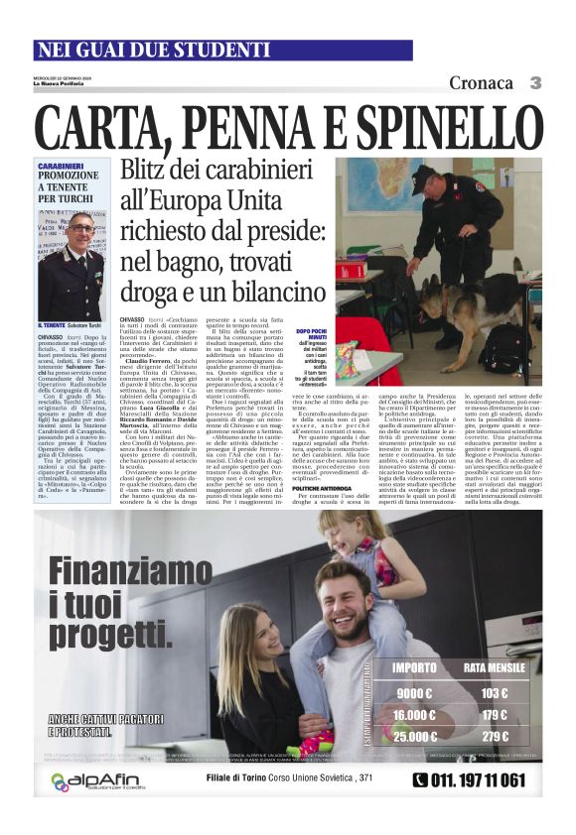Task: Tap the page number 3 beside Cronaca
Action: tap(535, 83)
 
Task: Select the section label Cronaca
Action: tap(482, 83)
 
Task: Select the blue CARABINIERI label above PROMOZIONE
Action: tap(61, 167)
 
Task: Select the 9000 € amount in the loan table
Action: tap(413, 693)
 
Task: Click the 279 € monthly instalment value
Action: tap(494, 736)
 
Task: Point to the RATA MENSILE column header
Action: tap(495, 667)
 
